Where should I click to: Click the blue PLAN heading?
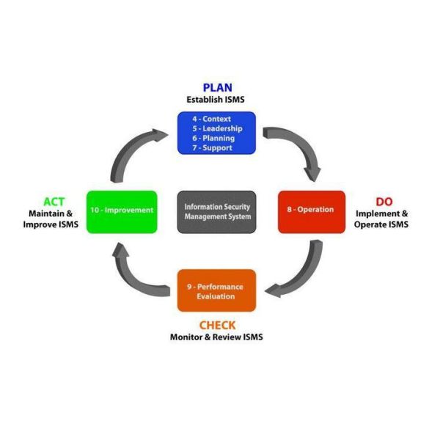tap(217, 87)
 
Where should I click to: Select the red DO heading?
tap(384, 201)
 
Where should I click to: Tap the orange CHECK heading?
tap(216, 325)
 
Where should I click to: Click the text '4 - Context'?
tap(212, 119)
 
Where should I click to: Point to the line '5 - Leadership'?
tap(217, 128)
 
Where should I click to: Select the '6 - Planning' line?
tap(214, 138)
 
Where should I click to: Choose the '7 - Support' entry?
tap(213, 147)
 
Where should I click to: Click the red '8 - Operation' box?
tap(311, 211)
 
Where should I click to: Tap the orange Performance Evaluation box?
tap(216, 291)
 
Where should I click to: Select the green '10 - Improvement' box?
tap(122, 211)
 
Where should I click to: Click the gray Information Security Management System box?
tap(217, 212)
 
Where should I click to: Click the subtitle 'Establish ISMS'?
tap(217, 100)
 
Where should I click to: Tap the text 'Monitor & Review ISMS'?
tap(216, 337)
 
